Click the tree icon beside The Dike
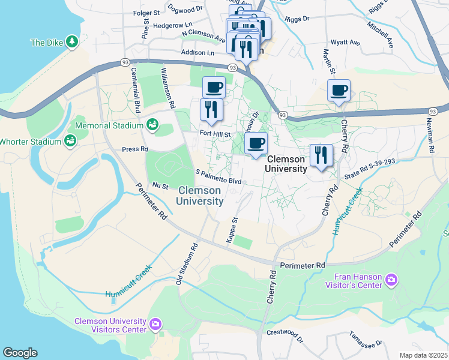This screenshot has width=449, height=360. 72,42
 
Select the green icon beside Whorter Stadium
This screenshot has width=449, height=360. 71,141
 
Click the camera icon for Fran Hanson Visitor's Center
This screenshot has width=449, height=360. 392,280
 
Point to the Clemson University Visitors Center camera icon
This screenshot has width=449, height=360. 155,325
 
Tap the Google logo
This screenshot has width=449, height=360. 20,353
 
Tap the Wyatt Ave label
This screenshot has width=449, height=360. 345,43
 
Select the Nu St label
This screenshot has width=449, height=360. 160,186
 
